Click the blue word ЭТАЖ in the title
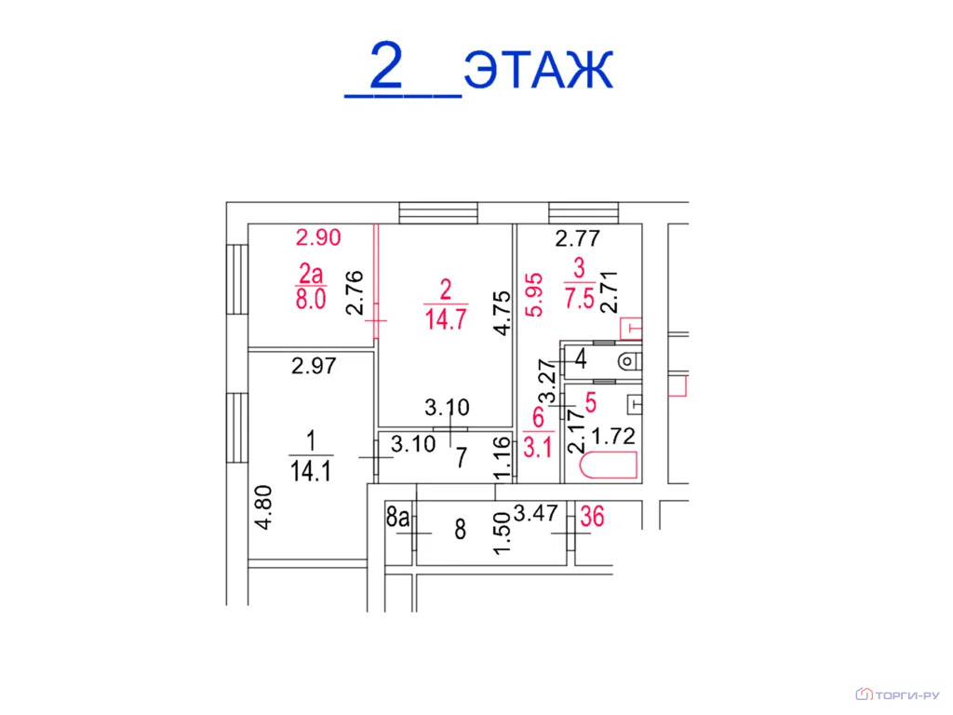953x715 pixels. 539,69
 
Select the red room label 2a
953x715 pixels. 312,273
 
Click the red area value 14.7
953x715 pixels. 445,320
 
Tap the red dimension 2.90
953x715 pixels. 318,237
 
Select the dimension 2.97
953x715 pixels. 313,368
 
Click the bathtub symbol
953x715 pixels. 608,465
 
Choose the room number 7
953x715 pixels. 459,457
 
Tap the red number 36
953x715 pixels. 592,516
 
